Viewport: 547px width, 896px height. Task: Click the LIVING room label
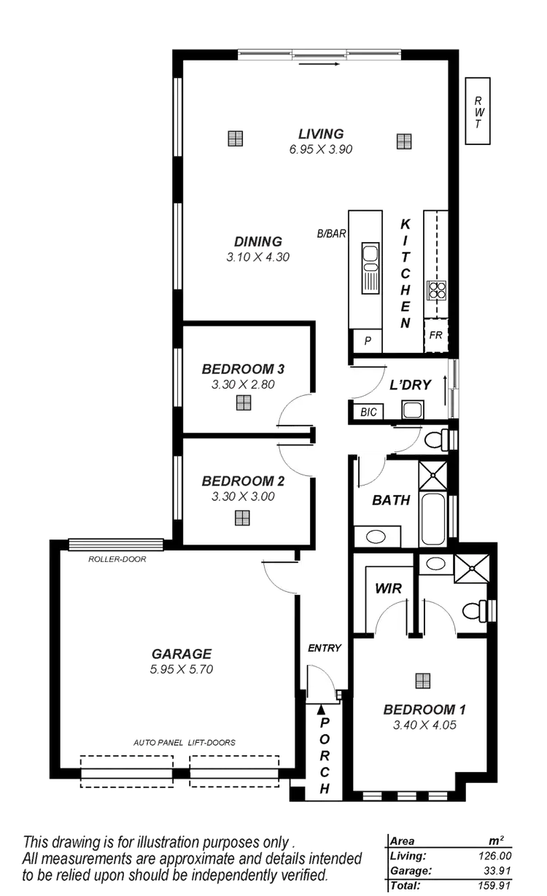pyautogui.click(x=321, y=134)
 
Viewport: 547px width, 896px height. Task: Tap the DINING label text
pyautogui.click(x=258, y=242)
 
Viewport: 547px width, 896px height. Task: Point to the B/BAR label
pyautogui.click(x=330, y=234)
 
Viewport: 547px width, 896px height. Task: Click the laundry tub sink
pyautogui.click(x=413, y=410)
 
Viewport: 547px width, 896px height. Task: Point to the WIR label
pyautogui.click(x=385, y=588)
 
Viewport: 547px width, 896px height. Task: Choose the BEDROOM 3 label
pyautogui.click(x=243, y=369)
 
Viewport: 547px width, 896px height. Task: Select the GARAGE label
pyautogui.click(x=182, y=654)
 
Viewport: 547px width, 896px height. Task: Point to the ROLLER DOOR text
pyautogui.click(x=117, y=559)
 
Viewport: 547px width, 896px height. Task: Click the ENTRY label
pyautogui.click(x=325, y=647)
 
